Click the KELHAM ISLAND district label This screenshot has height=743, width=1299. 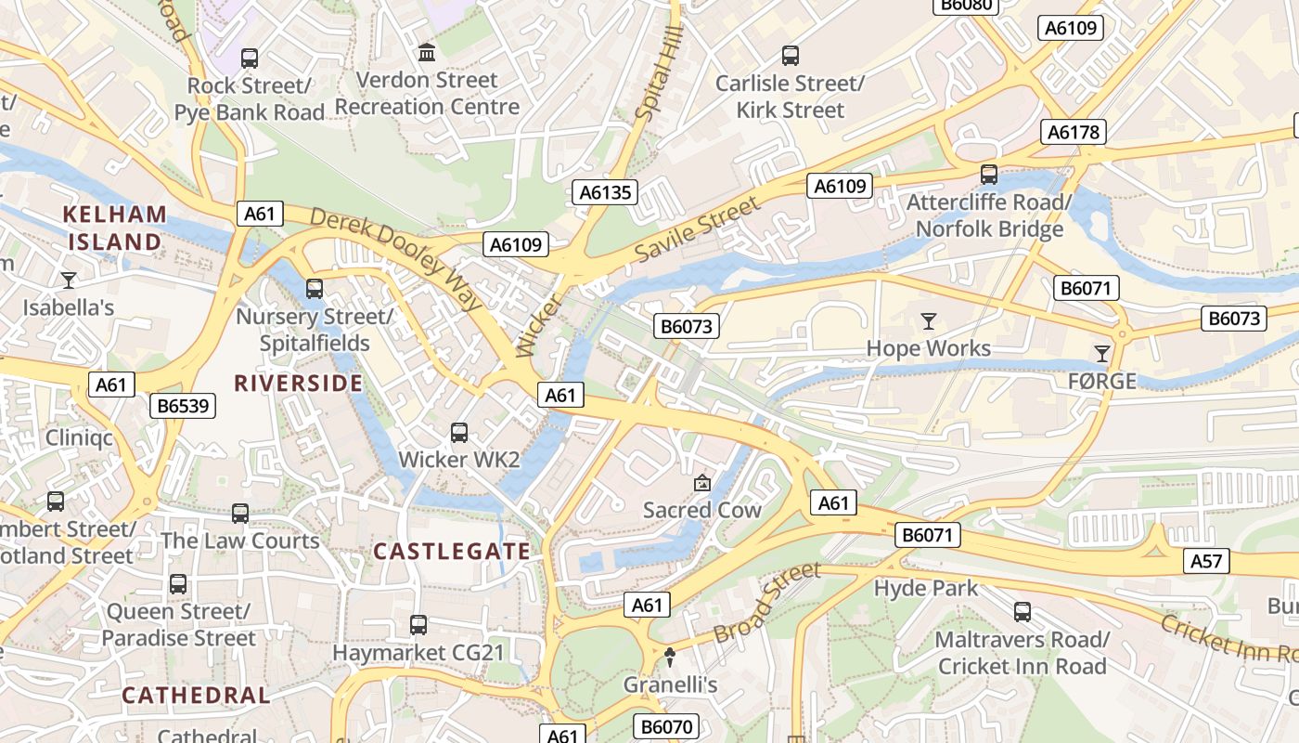click(x=115, y=228)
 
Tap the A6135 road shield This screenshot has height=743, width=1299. click(x=604, y=192)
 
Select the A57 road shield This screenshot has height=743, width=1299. click(x=1207, y=561)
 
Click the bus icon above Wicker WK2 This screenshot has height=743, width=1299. click(x=458, y=432)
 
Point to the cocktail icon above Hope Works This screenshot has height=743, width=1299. click(x=928, y=321)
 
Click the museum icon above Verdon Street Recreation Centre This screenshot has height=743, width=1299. click(x=427, y=52)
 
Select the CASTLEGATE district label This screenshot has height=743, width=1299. click(x=452, y=551)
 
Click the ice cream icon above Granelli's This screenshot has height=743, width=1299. click(x=670, y=657)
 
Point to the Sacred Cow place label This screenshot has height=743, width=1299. click(x=701, y=509)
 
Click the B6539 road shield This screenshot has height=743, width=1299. click(x=183, y=405)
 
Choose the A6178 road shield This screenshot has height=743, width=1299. click(x=1074, y=132)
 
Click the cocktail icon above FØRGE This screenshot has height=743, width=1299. click(x=1101, y=353)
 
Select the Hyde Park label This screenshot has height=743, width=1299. click(x=925, y=587)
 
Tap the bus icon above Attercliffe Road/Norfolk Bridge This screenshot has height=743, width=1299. click(x=989, y=174)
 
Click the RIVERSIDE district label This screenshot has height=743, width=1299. click(x=298, y=383)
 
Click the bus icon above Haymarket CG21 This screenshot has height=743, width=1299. click(x=418, y=624)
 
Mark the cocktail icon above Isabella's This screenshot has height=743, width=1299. click(x=68, y=279)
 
